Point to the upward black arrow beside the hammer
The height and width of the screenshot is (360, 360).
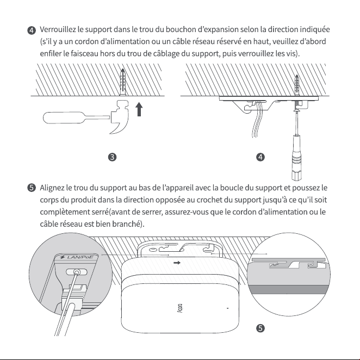point(139,109)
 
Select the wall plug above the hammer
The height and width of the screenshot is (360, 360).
point(123,82)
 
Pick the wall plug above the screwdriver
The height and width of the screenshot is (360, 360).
point(297,85)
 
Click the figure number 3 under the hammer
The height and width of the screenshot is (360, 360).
point(112,157)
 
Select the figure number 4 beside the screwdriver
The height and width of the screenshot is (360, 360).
point(260,157)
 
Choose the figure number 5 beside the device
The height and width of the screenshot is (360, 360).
point(260,328)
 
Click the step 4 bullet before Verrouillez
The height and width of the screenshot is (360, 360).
point(32,30)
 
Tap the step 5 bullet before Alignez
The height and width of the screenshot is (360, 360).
point(32,188)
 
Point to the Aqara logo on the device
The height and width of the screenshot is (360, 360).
point(180,308)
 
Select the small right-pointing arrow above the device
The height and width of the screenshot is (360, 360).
point(177,263)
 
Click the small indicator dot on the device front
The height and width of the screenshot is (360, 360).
point(227,308)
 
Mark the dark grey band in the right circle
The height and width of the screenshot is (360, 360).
point(289,290)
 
